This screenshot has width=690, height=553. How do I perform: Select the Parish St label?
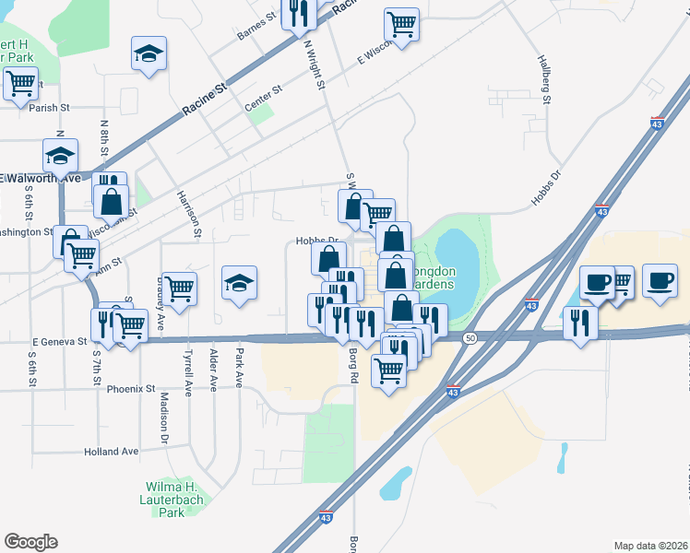click(49, 108)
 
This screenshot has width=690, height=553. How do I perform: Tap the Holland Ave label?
click(111, 452)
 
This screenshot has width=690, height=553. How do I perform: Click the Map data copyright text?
click(649, 545)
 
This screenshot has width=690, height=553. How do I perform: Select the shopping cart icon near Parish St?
click(19, 83)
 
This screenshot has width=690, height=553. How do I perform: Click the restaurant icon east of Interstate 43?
click(580, 322)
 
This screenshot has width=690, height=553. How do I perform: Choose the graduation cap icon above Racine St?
click(148, 53)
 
